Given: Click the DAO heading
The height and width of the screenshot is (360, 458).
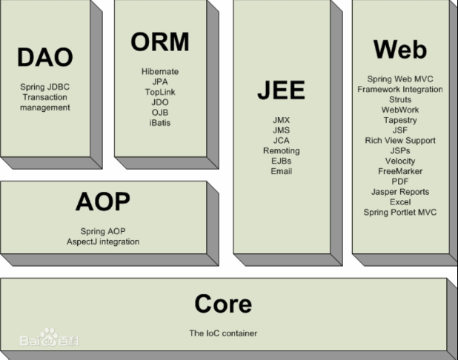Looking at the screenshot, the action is pyautogui.click(x=45, y=57).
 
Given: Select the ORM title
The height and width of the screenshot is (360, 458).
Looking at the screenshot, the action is pyautogui.click(x=160, y=41).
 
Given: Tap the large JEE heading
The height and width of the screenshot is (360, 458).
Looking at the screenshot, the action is pyautogui.click(x=282, y=90).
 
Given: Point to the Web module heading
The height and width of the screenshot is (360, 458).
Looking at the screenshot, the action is pyautogui.click(x=400, y=50).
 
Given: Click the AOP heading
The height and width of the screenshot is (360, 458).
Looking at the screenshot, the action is pyautogui.click(x=103, y=201).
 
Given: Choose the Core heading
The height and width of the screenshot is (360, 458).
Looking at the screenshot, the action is pyautogui.click(x=223, y=304).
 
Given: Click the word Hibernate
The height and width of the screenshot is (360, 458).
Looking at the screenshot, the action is pyautogui.click(x=160, y=72).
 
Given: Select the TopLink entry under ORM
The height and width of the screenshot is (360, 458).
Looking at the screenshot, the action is pyautogui.click(x=160, y=92).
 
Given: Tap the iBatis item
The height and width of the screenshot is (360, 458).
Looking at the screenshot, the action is pyautogui.click(x=160, y=123).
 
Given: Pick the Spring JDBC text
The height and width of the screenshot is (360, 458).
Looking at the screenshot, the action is pyautogui.click(x=45, y=87).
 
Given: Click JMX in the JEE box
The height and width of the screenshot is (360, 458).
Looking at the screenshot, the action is pyautogui.click(x=282, y=120).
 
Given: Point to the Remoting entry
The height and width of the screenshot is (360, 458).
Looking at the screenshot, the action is pyautogui.click(x=282, y=150).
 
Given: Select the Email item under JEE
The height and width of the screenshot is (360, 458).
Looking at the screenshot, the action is pyautogui.click(x=282, y=171).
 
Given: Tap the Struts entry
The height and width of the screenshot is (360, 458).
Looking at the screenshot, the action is pyautogui.click(x=400, y=99).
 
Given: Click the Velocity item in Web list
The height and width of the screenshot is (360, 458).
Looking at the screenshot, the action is pyautogui.click(x=400, y=161).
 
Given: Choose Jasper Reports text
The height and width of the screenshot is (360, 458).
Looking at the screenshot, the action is pyautogui.click(x=400, y=192).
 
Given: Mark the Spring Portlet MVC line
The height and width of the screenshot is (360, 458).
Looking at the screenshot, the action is pyautogui.click(x=400, y=213).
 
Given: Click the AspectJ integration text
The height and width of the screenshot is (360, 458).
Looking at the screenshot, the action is pyautogui.click(x=103, y=241).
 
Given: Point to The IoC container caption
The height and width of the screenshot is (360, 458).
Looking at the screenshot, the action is pyautogui.click(x=223, y=333).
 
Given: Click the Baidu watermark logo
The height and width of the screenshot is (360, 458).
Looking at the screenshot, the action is pyautogui.click(x=49, y=338).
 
